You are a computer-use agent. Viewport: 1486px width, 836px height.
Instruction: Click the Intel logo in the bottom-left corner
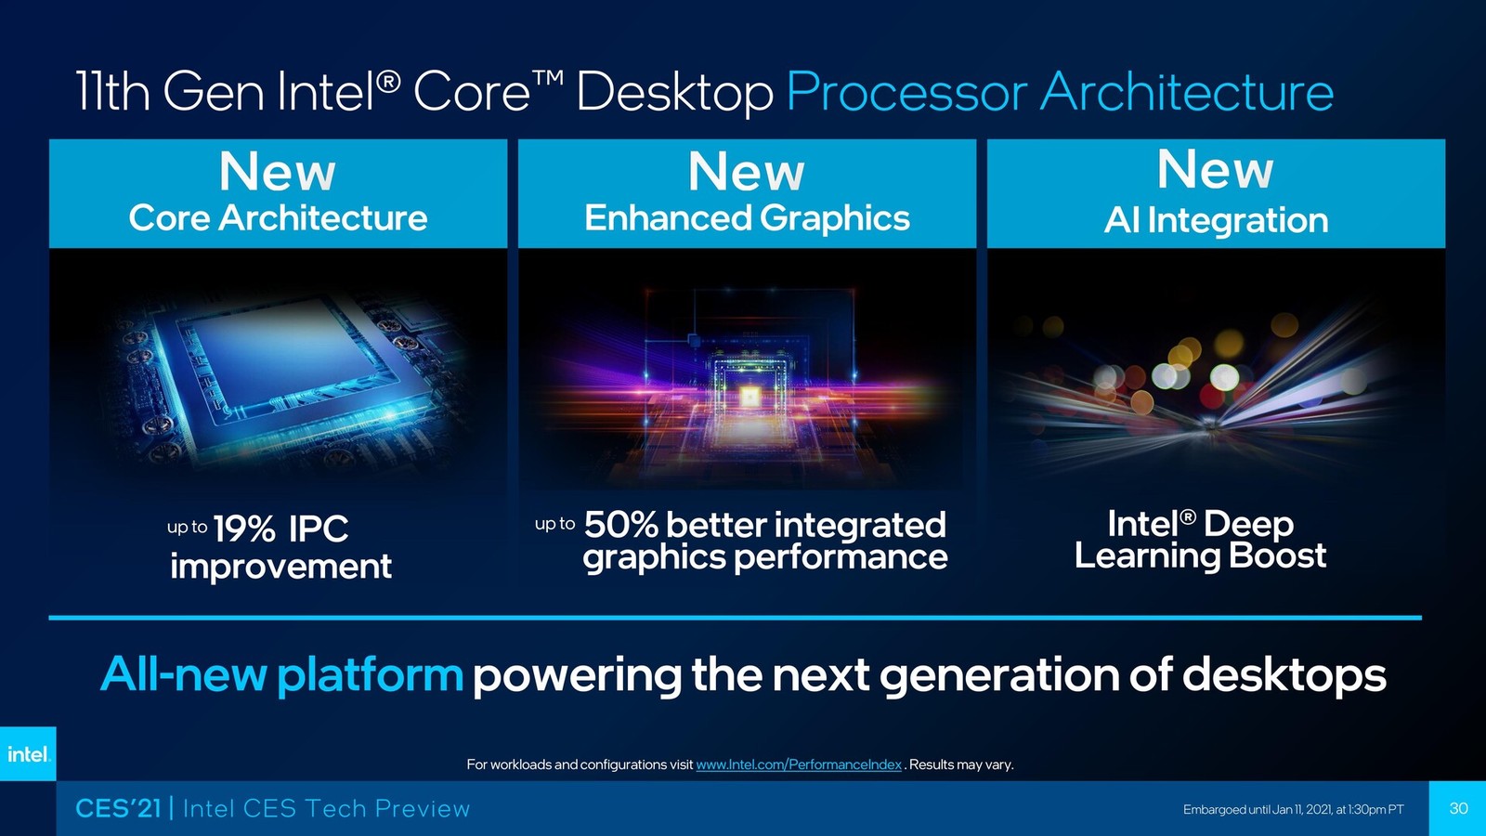click(x=28, y=753)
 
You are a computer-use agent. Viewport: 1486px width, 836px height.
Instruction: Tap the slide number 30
click(x=1458, y=807)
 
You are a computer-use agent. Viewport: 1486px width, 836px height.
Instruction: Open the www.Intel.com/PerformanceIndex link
click(x=799, y=764)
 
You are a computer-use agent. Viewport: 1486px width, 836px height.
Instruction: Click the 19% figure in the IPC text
click(x=244, y=529)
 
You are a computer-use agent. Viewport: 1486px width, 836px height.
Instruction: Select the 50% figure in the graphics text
click(x=621, y=524)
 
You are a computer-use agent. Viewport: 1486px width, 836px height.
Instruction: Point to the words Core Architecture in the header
click(x=278, y=217)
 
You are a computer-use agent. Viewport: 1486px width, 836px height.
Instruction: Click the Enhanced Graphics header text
click(x=747, y=218)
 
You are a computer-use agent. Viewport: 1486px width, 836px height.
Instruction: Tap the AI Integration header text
click(x=1216, y=220)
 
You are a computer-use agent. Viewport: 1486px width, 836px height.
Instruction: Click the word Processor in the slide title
click(x=906, y=92)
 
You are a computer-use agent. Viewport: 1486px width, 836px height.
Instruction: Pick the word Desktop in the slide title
click(x=674, y=93)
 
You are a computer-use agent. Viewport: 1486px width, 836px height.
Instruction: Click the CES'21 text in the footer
click(x=118, y=808)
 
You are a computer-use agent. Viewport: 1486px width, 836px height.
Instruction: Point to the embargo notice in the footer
click(x=1294, y=809)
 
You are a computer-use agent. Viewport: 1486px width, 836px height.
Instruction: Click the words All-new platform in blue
click(x=282, y=674)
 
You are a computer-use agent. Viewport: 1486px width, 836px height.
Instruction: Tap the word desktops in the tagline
click(x=1284, y=674)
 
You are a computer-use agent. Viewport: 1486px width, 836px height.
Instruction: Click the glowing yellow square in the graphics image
click(x=749, y=396)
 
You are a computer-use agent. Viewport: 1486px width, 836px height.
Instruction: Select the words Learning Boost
click(x=1200, y=555)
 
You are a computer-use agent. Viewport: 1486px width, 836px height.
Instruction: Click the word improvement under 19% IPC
click(x=280, y=567)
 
